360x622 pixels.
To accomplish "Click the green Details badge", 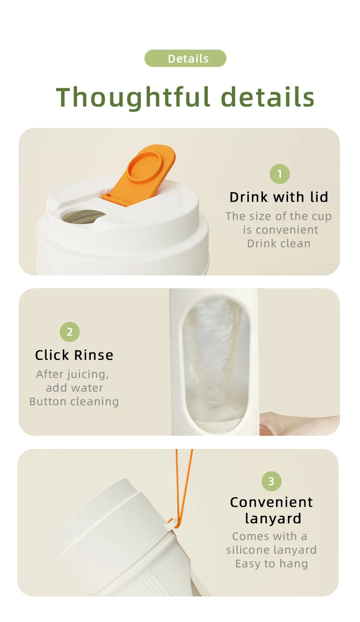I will point(185,59).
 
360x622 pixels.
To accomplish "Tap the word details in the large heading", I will point(267,97).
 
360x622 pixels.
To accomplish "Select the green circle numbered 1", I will point(279,173).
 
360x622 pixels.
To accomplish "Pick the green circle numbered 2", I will point(70,332).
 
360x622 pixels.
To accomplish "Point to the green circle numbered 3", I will point(272,481).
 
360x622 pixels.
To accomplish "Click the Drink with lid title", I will point(279,197).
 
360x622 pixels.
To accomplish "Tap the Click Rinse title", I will point(74,355).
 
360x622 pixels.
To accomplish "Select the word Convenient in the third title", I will point(272,502).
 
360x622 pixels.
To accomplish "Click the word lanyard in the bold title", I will point(273,519).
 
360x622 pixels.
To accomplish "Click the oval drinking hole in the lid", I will point(83,216).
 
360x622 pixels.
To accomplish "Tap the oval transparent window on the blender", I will point(216,364).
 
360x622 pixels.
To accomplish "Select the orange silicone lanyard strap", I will point(185,487).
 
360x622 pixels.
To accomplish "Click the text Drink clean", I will point(279,244).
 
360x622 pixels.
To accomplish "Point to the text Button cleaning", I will point(74,402).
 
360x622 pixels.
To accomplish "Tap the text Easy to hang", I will point(272,564).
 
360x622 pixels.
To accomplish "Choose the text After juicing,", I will point(73,374).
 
